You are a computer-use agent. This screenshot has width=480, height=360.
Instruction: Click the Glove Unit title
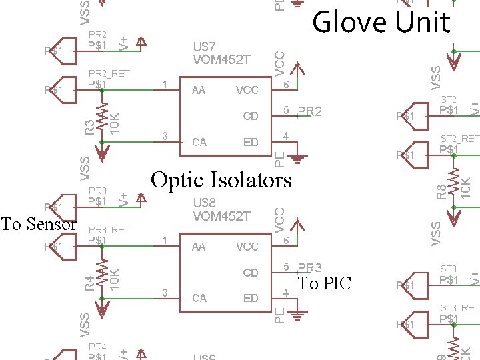coord(381,23)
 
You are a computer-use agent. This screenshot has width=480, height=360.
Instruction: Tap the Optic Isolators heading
coord(221,180)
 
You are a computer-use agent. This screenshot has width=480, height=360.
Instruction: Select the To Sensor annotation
coord(38,224)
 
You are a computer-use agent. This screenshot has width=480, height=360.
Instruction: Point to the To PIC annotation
coord(324,283)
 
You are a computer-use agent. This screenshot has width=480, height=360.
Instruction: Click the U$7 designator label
coord(204,47)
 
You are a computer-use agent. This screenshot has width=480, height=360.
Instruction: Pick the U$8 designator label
coord(204,203)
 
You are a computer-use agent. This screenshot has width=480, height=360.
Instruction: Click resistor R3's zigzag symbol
coord(102,117)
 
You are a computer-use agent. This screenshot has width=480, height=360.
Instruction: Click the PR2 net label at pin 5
coord(309,111)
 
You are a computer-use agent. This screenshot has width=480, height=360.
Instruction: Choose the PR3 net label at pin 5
coord(309,268)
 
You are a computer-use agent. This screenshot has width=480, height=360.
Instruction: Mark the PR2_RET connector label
coord(109,73)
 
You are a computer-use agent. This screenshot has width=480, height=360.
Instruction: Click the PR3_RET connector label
coord(109,230)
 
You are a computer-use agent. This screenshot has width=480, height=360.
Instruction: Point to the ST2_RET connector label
coord(459,139)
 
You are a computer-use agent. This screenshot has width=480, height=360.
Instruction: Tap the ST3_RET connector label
coord(459,308)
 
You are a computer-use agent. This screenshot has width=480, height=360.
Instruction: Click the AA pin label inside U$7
coord(199,90)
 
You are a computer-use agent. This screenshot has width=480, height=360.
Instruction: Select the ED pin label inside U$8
coord(251,298)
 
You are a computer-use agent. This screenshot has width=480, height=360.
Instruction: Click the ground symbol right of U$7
coord(297,159)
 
